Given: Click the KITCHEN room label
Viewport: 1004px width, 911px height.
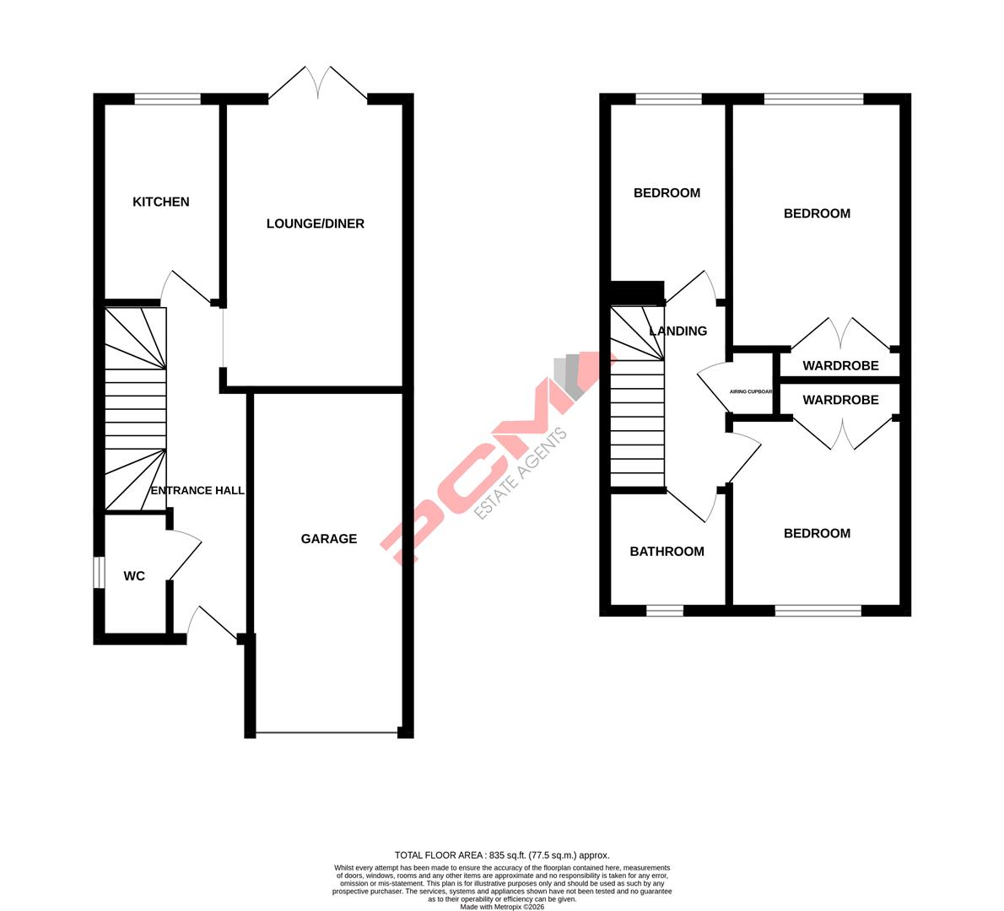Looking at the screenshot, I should coord(161,202).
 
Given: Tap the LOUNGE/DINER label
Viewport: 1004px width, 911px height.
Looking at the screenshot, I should coord(316,224).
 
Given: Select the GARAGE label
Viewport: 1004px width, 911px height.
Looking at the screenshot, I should coord(329,539).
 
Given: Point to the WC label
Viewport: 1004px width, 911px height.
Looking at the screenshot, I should coord(134,577).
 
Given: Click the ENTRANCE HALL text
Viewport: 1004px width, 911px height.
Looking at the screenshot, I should coord(197,490).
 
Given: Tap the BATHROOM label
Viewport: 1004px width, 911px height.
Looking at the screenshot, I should coord(667,552).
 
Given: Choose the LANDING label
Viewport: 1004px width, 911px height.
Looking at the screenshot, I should coord(678,332).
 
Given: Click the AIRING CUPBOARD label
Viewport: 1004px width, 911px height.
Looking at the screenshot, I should coord(751,391).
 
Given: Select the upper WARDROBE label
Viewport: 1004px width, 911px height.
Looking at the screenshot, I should coord(840,366).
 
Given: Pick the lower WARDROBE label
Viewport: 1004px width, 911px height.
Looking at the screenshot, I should coord(840,400).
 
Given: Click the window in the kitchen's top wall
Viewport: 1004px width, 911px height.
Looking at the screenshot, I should coord(167,99).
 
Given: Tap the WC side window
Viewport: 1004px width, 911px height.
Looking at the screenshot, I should coord(99,572).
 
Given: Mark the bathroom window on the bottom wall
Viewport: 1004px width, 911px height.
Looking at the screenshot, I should coord(665,610).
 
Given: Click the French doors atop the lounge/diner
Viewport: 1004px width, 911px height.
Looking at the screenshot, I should coord(318,84).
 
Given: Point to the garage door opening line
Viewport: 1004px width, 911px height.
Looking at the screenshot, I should coord(327,732).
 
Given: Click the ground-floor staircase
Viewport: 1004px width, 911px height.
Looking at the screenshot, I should coord(135,409).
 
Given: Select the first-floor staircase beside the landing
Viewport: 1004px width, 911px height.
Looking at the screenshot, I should coord(637,396).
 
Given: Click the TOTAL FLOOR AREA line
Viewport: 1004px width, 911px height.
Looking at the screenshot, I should coord(502,854).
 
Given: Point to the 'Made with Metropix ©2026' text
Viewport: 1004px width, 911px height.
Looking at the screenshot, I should coord(502,907).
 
